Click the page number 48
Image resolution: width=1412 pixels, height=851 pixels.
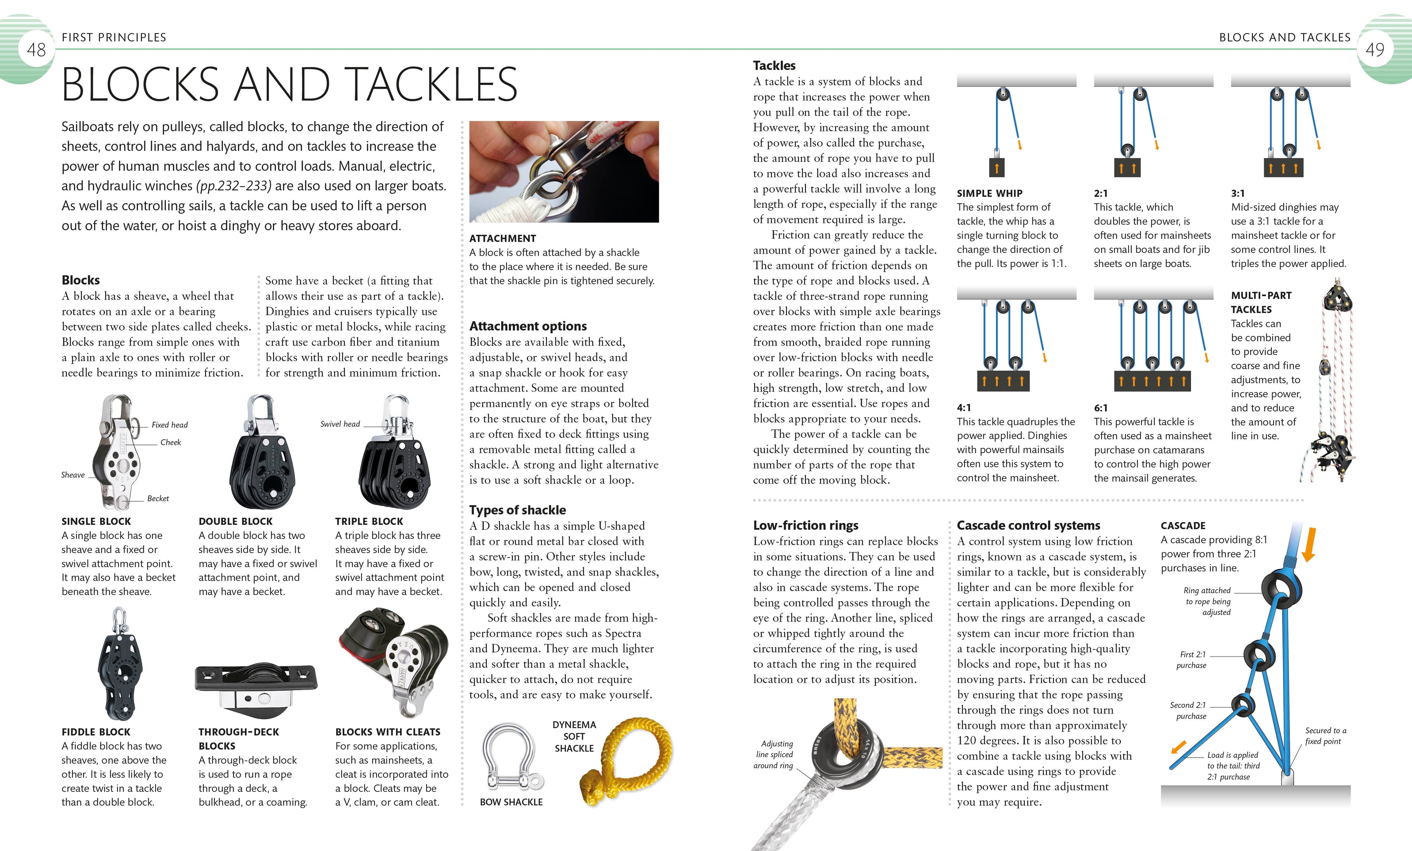(x=36, y=50)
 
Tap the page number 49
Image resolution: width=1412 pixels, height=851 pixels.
(x=1375, y=50)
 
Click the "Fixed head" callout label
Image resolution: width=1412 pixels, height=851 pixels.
(x=170, y=425)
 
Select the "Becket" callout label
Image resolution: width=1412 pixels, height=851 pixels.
(x=158, y=499)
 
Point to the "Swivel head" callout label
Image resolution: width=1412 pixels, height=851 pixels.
(x=340, y=424)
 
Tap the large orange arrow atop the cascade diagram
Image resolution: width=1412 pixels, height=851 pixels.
(x=1308, y=544)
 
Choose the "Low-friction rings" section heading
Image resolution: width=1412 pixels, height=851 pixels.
(x=805, y=526)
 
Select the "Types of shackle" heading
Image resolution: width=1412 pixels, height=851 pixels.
(x=517, y=510)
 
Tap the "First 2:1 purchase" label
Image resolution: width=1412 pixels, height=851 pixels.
(x=1192, y=660)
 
